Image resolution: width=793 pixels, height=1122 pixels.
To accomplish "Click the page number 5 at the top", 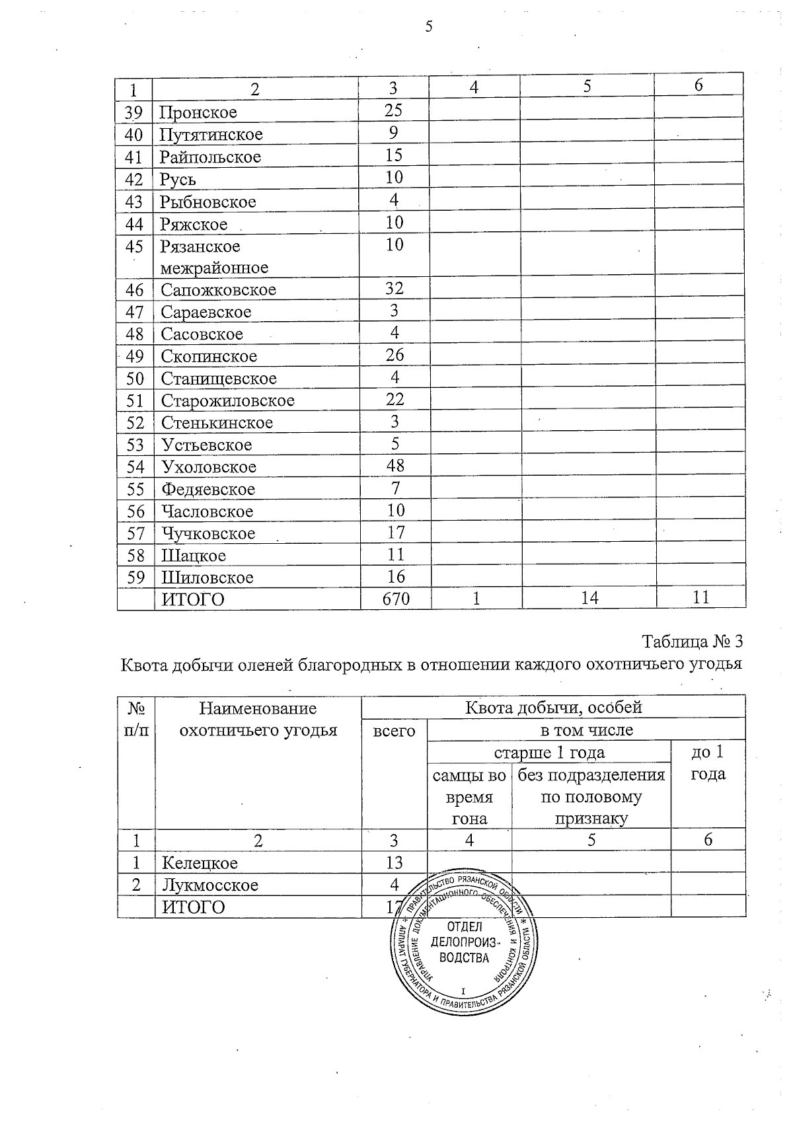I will [429, 27].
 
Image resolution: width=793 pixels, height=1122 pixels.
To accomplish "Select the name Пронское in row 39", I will [198, 112].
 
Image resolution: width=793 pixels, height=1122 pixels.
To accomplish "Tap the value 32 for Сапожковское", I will [395, 288].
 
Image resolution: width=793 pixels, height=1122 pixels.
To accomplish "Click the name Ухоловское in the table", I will [209, 467].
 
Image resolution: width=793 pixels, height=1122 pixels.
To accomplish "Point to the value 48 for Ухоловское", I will [395, 466].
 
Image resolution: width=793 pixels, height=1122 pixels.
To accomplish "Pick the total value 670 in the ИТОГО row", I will [396, 599].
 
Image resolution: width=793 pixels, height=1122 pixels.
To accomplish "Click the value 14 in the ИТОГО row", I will [589, 598].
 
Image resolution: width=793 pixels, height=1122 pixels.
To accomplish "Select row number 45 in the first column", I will [134, 246].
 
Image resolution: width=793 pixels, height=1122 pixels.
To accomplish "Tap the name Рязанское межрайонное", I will [213, 257].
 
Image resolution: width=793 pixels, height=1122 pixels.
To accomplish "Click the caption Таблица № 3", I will [693, 642].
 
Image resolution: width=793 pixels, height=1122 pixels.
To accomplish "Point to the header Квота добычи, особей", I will [553, 708].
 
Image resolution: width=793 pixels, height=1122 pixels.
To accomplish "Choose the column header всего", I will [395, 731].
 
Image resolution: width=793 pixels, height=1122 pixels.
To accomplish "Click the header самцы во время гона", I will [469, 797].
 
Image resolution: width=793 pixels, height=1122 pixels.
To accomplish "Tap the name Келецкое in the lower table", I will [200, 863].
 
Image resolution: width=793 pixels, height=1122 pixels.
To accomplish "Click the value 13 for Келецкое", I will [394, 862].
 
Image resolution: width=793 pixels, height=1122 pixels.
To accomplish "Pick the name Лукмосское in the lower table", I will [210, 885].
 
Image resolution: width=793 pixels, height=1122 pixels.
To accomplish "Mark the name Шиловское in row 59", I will [208, 578].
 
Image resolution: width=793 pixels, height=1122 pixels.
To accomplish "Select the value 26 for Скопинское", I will [395, 355].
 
